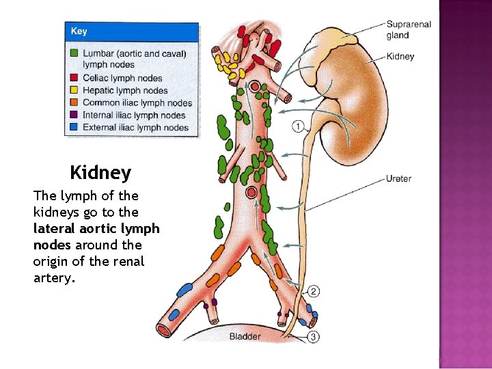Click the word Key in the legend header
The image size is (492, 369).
[x=79, y=31]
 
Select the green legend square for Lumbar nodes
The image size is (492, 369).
[x=74, y=53]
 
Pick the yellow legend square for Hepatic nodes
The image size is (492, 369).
[x=74, y=90]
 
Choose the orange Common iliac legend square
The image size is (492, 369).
[x=74, y=102]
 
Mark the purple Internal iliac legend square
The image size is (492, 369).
[x=74, y=115]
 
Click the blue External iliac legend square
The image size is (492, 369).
[x=74, y=127]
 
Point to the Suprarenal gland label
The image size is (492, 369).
[x=409, y=30]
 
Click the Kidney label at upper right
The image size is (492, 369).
[x=400, y=56]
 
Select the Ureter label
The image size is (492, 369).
[x=398, y=179]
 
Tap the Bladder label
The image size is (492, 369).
[x=245, y=336]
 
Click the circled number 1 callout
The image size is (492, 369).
[x=299, y=126]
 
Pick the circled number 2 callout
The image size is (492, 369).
[x=313, y=292]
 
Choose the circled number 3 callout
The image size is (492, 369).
[x=313, y=336]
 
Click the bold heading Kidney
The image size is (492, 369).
[x=100, y=172]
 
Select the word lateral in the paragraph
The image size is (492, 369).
[x=54, y=228]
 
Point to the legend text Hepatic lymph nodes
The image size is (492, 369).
[x=125, y=90]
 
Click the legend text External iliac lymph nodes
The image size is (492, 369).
[x=135, y=127]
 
